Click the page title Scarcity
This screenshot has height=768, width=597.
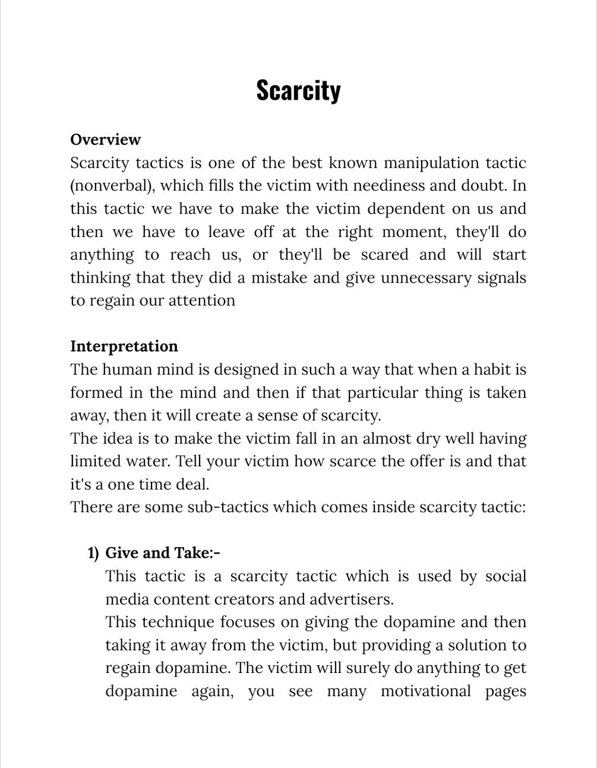tap(298, 90)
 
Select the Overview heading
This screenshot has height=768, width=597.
tap(105, 140)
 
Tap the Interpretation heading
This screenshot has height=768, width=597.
tap(124, 346)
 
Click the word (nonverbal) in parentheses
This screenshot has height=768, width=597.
tap(112, 186)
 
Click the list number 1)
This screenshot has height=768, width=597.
tap(93, 554)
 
